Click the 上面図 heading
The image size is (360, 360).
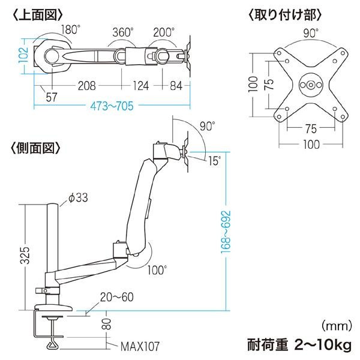(38, 15)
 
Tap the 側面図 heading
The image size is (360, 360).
(35, 148)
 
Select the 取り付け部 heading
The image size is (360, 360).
(285, 15)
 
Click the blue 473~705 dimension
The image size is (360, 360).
(112, 106)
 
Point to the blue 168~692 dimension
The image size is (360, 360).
(226, 232)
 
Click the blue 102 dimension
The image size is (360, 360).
(23, 55)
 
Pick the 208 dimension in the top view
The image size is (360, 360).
(87, 86)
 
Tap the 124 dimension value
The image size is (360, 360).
(141, 86)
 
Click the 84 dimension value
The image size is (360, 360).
(176, 86)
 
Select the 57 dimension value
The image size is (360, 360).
(52, 97)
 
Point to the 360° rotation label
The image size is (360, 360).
(123, 32)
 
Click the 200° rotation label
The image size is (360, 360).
(164, 32)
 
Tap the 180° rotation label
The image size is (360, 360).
(70, 29)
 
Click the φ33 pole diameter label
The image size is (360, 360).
(78, 197)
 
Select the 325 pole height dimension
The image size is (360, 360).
(25, 256)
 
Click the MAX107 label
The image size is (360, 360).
(140, 346)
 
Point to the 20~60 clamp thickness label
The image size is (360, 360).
(117, 297)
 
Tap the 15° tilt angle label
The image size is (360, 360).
(214, 161)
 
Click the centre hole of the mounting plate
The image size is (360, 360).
(311, 85)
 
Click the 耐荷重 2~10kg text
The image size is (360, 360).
(299, 345)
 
